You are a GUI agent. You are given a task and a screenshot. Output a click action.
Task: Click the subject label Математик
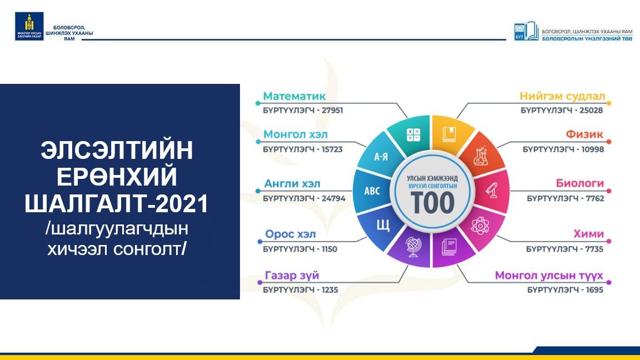click(x=294, y=96)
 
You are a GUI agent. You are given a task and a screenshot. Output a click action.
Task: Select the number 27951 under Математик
click(x=332, y=110)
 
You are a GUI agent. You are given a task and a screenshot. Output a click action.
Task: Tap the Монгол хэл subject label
click(x=296, y=134)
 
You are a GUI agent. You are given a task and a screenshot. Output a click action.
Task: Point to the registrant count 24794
click(x=333, y=198)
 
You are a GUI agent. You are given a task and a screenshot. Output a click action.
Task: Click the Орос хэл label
click(x=290, y=234)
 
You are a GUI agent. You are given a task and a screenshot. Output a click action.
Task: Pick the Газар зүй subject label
click(x=292, y=276)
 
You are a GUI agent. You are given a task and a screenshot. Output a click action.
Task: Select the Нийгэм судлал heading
click(x=562, y=96)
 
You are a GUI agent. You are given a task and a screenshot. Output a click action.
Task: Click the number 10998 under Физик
click(x=593, y=149)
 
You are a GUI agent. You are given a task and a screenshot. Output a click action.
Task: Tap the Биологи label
click(x=579, y=183)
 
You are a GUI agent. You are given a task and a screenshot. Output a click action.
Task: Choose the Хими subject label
click(x=588, y=234)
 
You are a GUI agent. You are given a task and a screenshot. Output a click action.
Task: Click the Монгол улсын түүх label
click(x=549, y=276)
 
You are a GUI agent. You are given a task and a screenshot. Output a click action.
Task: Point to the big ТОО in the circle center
click(x=432, y=203)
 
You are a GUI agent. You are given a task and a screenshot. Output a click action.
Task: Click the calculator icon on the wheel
click(x=413, y=134)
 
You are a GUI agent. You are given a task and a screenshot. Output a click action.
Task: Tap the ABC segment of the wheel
click(x=372, y=191)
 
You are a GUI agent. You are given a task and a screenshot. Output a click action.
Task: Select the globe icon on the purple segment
click(x=413, y=247)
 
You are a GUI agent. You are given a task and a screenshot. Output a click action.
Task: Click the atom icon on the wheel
click(x=479, y=226)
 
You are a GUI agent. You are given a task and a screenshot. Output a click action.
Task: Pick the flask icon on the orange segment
click(x=481, y=156)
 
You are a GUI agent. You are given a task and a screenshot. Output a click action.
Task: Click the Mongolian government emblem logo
click(x=29, y=26)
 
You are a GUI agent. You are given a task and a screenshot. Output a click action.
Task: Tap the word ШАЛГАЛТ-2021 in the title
click(x=117, y=203)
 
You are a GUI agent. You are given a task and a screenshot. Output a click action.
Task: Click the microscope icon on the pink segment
click(x=491, y=191)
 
